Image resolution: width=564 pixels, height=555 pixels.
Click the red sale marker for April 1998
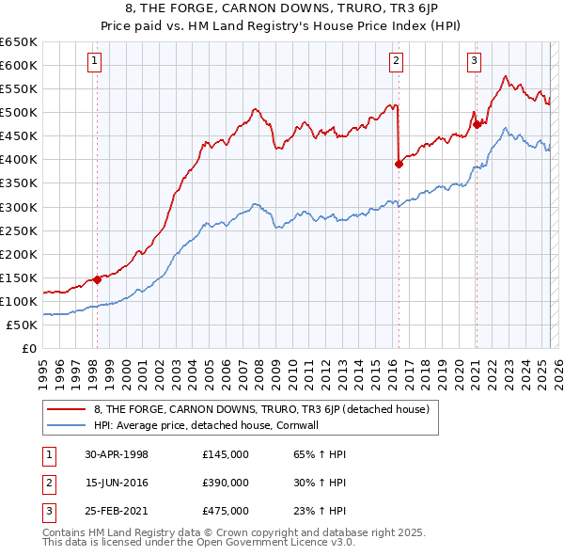tap(97, 279)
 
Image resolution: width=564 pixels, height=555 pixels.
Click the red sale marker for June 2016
tap(399, 164)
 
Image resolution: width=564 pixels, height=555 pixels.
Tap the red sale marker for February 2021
tap(477, 123)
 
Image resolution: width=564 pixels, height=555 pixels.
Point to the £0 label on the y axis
tap(28, 348)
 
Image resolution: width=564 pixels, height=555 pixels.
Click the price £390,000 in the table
tap(226, 483)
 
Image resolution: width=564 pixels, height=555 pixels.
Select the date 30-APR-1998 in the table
tap(117, 454)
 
